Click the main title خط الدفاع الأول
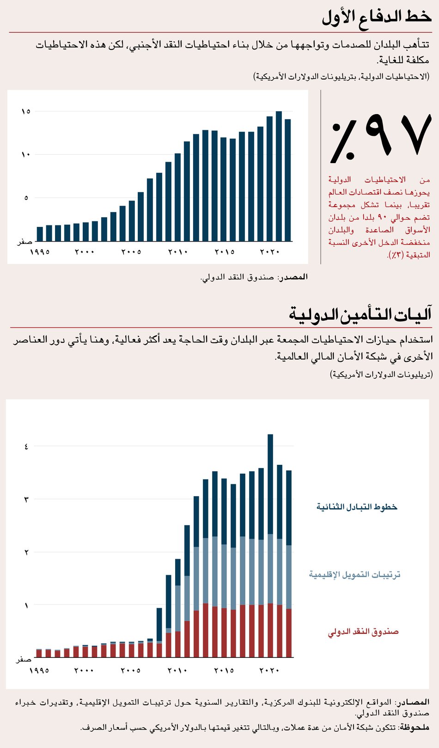pyautogui.click(x=377, y=17)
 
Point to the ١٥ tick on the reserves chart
pyautogui.click(x=26, y=111)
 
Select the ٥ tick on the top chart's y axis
pyautogui.click(x=26, y=198)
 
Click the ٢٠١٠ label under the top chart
pyautogui.click(x=178, y=252)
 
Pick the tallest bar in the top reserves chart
pyautogui.click(x=279, y=176)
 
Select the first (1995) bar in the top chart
pyautogui.click(x=40, y=234)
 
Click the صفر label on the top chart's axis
pyautogui.click(x=24, y=242)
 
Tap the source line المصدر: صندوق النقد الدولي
pyautogui.click(x=254, y=277)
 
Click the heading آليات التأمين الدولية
pyautogui.click(x=360, y=314)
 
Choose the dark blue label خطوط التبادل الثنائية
pyautogui.click(x=357, y=507)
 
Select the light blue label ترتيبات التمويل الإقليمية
pyautogui.click(x=354, y=574)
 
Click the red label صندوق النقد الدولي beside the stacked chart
pyautogui.click(x=363, y=632)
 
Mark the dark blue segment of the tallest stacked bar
pyautogui.click(x=270, y=483)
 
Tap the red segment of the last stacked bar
pyautogui.click(x=289, y=633)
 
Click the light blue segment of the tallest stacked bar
pyautogui.click(x=270, y=568)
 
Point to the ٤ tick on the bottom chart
pyautogui.click(x=26, y=446)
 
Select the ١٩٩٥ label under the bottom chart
pyautogui.click(x=39, y=670)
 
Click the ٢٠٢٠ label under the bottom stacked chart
pyautogui.click(x=269, y=670)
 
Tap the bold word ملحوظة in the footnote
pyautogui.click(x=414, y=728)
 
